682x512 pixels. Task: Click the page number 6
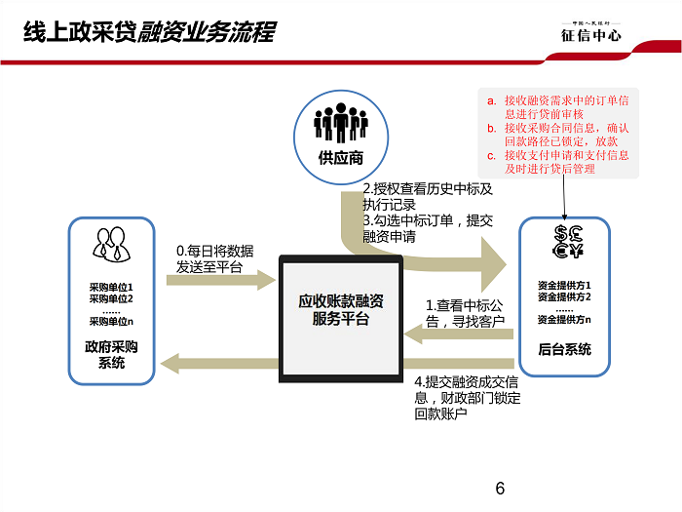click(501, 489)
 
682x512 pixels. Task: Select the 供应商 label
click(340, 159)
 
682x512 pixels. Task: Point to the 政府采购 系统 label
click(112, 355)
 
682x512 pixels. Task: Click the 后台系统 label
click(564, 350)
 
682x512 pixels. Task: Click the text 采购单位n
click(112, 321)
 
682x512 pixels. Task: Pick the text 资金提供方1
click(564, 284)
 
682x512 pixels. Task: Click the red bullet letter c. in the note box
click(493, 154)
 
